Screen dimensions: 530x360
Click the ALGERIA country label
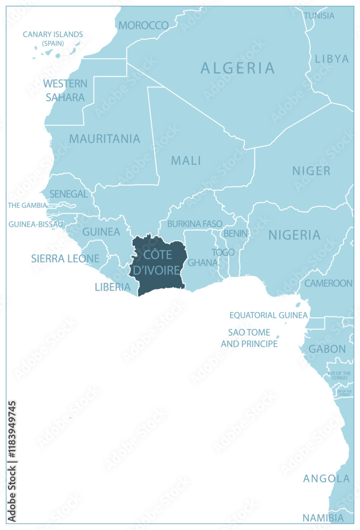(238, 68)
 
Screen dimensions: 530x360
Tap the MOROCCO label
(143, 25)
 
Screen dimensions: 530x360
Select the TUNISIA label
(319, 15)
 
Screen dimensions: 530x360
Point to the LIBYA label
(332, 59)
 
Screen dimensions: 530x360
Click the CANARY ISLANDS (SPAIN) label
(52, 38)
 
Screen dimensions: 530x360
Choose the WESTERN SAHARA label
(65, 90)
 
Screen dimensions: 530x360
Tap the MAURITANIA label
(104, 139)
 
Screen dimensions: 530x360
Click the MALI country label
(186, 160)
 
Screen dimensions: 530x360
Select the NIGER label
(311, 171)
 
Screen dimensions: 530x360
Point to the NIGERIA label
(294, 235)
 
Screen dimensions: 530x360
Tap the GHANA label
(203, 262)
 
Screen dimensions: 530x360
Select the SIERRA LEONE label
(65, 259)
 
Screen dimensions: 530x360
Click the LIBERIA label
(112, 287)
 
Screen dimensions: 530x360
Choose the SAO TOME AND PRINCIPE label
(249, 338)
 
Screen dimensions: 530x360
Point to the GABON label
(327, 349)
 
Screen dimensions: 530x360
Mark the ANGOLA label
(327, 479)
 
